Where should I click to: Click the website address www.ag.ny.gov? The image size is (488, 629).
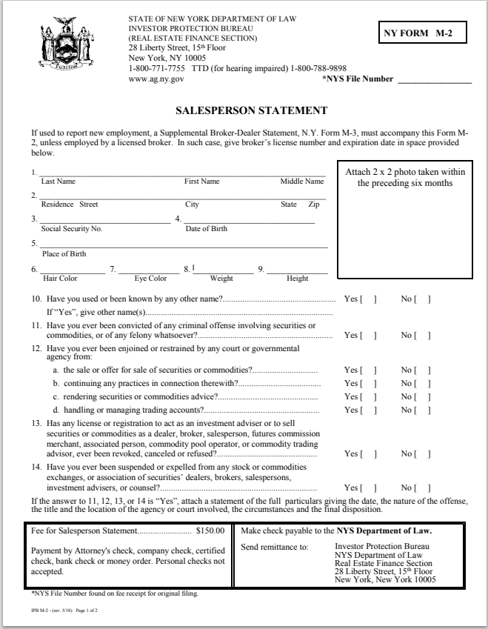[156, 77]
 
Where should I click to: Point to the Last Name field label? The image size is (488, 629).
[58, 182]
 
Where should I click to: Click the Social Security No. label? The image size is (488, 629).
[72, 229]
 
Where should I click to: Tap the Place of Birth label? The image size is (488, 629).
[64, 253]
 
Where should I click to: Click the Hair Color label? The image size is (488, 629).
[60, 279]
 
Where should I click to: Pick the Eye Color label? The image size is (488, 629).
[150, 279]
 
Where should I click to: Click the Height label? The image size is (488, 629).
[297, 279]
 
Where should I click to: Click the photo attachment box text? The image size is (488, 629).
[405, 177]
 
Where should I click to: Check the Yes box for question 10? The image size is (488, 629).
[368, 299]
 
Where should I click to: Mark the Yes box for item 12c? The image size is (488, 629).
[368, 396]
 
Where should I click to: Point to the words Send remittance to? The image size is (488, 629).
[271, 547]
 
